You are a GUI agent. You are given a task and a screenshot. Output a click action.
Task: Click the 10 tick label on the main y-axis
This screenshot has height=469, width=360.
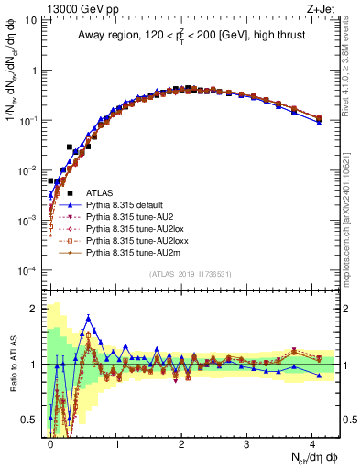point(32,20)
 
